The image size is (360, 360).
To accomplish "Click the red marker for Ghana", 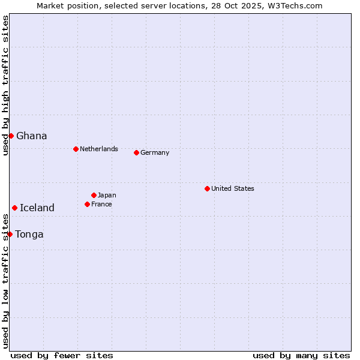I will click(x=11, y=136).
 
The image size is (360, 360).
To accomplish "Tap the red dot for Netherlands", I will click(x=76, y=149).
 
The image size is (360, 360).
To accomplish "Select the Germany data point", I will click(x=136, y=152).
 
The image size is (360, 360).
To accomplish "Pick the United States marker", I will click(x=207, y=188).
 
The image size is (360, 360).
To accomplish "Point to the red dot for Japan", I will click(x=94, y=195).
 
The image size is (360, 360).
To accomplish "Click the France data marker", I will click(x=87, y=204).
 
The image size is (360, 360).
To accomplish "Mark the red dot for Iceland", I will click(x=14, y=208).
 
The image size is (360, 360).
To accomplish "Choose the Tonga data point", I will click(x=10, y=234).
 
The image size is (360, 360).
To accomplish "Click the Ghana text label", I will click(x=32, y=136).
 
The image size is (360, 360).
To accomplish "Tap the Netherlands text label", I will click(x=99, y=149).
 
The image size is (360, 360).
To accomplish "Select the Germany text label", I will click(x=155, y=152).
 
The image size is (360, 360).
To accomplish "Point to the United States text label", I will click(x=233, y=188).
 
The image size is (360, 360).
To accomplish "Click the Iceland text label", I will click(x=37, y=208).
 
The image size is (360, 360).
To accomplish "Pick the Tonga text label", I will click(x=29, y=234).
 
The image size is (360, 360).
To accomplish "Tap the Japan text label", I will click(x=107, y=195).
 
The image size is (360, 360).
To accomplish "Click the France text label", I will click(x=101, y=204).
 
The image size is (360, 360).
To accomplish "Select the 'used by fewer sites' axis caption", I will click(x=62, y=355).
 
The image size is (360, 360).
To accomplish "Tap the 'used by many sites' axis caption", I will click(x=301, y=355).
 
